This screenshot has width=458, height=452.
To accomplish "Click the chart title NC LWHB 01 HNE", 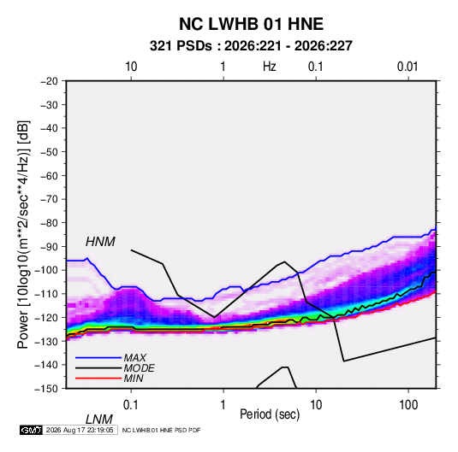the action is click(x=251, y=24).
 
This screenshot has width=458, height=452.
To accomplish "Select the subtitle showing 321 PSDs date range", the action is click(x=251, y=46).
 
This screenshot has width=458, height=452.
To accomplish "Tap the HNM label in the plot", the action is click(x=100, y=242).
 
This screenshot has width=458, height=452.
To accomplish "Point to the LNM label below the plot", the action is click(x=98, y=420).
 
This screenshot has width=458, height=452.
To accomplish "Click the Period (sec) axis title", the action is click(x=270, y=414).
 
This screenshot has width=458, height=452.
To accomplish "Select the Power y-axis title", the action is click(x=23, y=234).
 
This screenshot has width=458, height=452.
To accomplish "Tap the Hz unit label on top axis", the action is click(x=270, y=67).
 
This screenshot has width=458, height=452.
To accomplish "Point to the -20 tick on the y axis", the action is click(x=49, y=81).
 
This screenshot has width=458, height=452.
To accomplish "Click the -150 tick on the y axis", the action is click(x=46, y=389).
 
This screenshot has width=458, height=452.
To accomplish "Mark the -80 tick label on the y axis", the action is click(x=49, y=223).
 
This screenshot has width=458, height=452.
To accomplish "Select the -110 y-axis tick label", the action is click(x=46, y=294).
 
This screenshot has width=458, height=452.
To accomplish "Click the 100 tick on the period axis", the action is click(x=408, y=405).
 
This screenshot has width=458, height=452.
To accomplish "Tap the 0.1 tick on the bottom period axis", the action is click(x=130, y=405).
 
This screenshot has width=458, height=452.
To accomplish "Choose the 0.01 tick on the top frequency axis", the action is click(x=407, y=67).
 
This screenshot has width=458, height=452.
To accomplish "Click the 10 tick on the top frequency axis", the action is click(x=131, y=67).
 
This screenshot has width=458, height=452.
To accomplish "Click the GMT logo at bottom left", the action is click(x=31, y=430).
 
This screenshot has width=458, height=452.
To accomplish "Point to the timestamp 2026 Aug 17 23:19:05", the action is click(x=80, y=430).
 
